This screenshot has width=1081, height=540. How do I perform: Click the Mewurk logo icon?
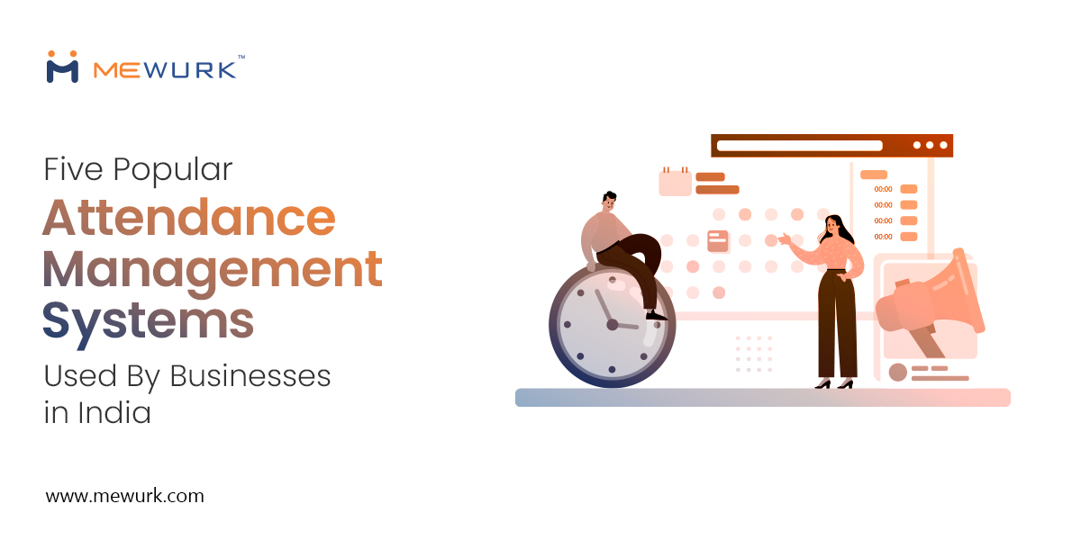[x=62, y=67]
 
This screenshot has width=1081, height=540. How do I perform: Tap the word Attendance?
[x=188, y=217]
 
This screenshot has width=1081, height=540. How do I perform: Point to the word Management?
[x=213, y=269]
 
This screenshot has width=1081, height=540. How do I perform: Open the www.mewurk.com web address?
[x=124, y=496]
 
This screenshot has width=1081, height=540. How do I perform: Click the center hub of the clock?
[x=613, y=325]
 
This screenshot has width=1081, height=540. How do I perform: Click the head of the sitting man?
[x=610, y=201]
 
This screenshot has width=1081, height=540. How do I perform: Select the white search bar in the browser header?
[x=799, y=145]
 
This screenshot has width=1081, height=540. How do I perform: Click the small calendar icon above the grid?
[x=675, y=182]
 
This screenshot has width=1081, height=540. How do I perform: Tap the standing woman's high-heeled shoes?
[x=834, y=383]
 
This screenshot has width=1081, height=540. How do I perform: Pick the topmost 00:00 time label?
[x=883, y=189]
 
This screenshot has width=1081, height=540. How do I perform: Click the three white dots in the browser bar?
[x=930, y=145]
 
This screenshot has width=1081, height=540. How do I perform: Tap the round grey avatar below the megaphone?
[x=897, y=372]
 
